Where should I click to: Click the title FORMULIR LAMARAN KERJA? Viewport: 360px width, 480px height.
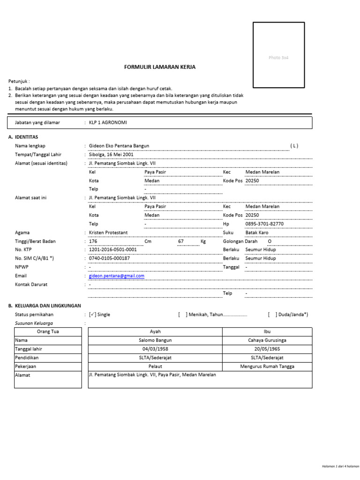click(159, 67)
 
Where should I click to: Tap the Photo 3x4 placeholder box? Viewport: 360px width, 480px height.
click(278, 55)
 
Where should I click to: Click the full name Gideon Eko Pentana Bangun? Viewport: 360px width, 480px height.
click(119, 146)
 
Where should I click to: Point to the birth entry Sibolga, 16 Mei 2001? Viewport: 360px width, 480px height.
click(111, 155)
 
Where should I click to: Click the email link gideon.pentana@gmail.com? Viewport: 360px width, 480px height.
click(117, 276)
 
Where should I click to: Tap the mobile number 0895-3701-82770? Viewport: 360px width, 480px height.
click(264, 224)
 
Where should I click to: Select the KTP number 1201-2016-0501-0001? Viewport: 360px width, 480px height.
click(112, 250)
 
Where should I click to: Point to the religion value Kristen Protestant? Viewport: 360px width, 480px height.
click(108, 232)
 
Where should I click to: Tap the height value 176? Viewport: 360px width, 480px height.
click(93, 241)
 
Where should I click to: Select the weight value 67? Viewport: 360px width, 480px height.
click(180, 241)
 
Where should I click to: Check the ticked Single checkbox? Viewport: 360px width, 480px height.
click(92, 315)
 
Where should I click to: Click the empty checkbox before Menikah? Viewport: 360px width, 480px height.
click(182, 315)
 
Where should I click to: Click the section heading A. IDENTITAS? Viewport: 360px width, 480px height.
click(23, 137)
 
